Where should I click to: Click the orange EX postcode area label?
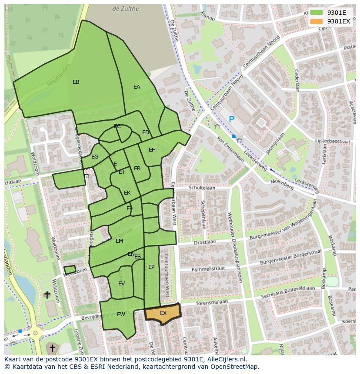163,313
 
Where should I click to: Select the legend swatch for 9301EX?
317,21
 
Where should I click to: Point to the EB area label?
76,82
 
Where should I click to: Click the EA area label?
137,87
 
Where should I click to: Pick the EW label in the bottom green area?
121,314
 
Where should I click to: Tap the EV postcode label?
121,284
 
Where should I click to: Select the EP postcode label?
151,267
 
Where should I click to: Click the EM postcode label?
119,241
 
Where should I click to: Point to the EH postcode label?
152,150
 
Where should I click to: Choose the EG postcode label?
95,157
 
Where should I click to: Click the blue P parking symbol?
232,119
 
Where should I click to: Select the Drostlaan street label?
205,242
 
